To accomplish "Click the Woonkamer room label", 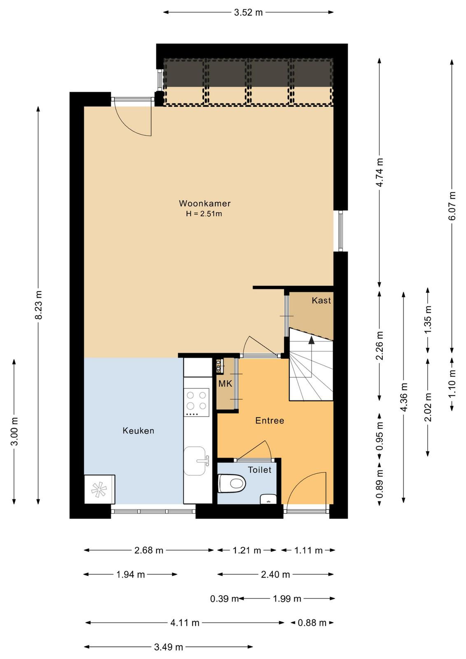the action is point(205,203).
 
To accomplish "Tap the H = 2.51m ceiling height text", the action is point(204,214).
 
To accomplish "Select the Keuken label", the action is point(138,431).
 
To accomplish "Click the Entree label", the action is point(270,421).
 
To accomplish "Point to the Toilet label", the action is point(259,470).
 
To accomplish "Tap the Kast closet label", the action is point(321,300).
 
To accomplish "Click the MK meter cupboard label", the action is point(225,383).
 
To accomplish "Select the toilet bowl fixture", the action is point(232,483).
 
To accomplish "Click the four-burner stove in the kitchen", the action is point(196,402).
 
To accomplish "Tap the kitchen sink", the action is point(195,461).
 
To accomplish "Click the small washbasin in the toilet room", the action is point(268,499).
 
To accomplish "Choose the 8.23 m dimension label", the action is point(39,305).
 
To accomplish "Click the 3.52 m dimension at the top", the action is point(248,13).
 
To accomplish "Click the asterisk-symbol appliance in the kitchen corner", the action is point(99,489).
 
